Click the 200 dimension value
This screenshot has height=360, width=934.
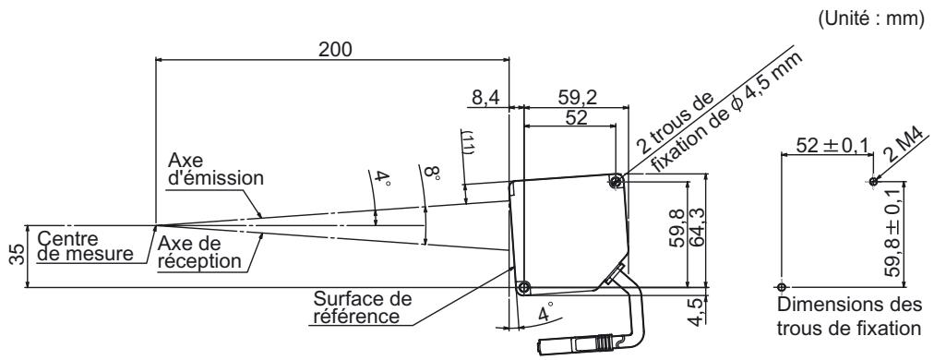point(335,50)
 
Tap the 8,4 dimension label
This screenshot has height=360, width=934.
point(485,98)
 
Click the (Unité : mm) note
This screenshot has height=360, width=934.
point(871,19)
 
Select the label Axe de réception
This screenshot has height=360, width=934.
point(199,252)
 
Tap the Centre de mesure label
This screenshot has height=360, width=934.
point(85,246)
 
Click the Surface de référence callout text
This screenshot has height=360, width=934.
point(362,306)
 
